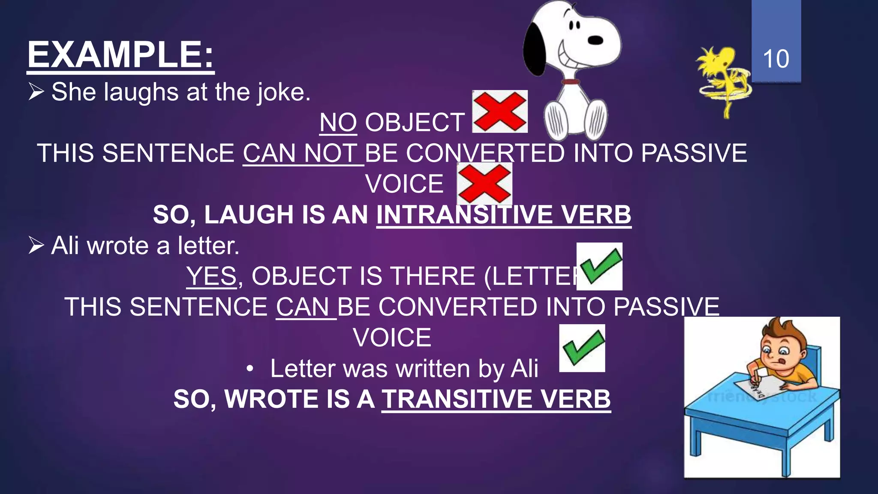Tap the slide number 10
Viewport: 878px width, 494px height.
click(776, 59)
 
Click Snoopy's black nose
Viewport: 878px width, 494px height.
click(595, 40)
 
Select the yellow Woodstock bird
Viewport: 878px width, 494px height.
click(722, 77)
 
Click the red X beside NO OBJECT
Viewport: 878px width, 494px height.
click(500, 111)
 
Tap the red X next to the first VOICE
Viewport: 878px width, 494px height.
click(484, 184)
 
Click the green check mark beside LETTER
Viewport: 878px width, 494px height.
click(599, 266)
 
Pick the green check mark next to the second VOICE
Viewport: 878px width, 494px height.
click(582, 348)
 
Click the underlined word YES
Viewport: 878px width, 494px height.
click(211, 276)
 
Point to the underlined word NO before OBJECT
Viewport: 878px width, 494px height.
click(338, 123)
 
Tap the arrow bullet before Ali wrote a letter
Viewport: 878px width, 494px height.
click(36, 246)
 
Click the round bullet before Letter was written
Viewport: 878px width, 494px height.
click(250, 369)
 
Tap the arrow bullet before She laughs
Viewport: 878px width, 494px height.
click(36, 92)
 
